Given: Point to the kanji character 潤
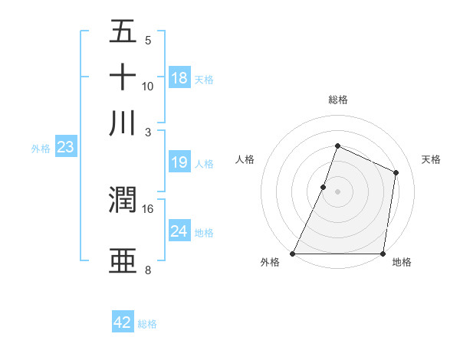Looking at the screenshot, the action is tap(123, 201).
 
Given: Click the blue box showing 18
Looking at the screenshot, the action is tap(179, 78).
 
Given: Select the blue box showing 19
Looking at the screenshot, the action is tap(179, 162).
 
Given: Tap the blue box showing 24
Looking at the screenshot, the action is tap(179, 231).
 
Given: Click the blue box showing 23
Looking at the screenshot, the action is tap(65, 148).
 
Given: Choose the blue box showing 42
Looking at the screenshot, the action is tap(123, 322).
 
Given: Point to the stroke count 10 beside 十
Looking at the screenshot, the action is tap(148, 86).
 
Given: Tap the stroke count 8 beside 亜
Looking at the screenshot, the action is tap(148, 270).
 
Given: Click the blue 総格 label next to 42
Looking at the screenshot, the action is tap(147, 324).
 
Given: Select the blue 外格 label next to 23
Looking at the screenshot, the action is tap(41, 149).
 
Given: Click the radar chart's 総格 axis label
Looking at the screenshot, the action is tap(337, 100).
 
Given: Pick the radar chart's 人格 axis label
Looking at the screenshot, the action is tap(245, 159).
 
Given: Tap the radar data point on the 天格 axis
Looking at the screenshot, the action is tap(396, 172).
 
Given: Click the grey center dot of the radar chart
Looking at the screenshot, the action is tap(337, 191).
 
